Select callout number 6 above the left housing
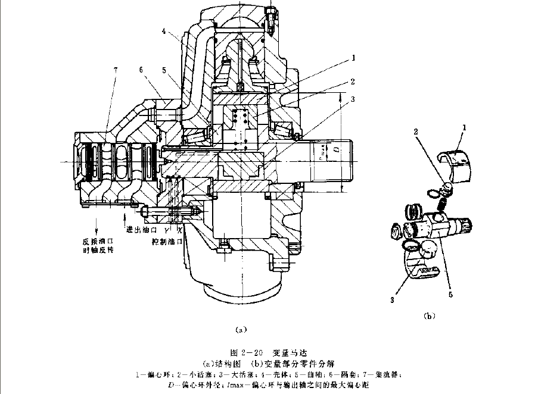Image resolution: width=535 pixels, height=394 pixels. [142, 70]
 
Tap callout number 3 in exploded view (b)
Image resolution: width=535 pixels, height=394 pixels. [394, 301]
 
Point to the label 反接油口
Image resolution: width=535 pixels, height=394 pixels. [98, 241]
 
